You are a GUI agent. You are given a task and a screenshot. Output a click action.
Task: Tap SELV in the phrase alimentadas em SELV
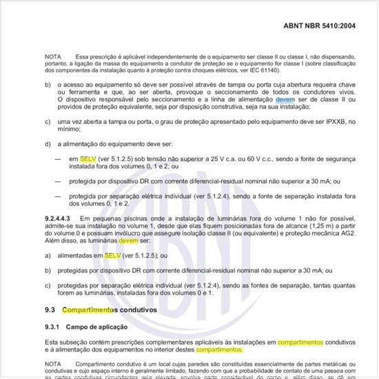[x=112, y=256]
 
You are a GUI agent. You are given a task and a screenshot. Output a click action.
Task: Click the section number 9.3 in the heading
[x=50, y=311]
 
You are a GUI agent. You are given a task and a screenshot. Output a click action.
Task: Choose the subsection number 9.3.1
[x=53, y=326]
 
